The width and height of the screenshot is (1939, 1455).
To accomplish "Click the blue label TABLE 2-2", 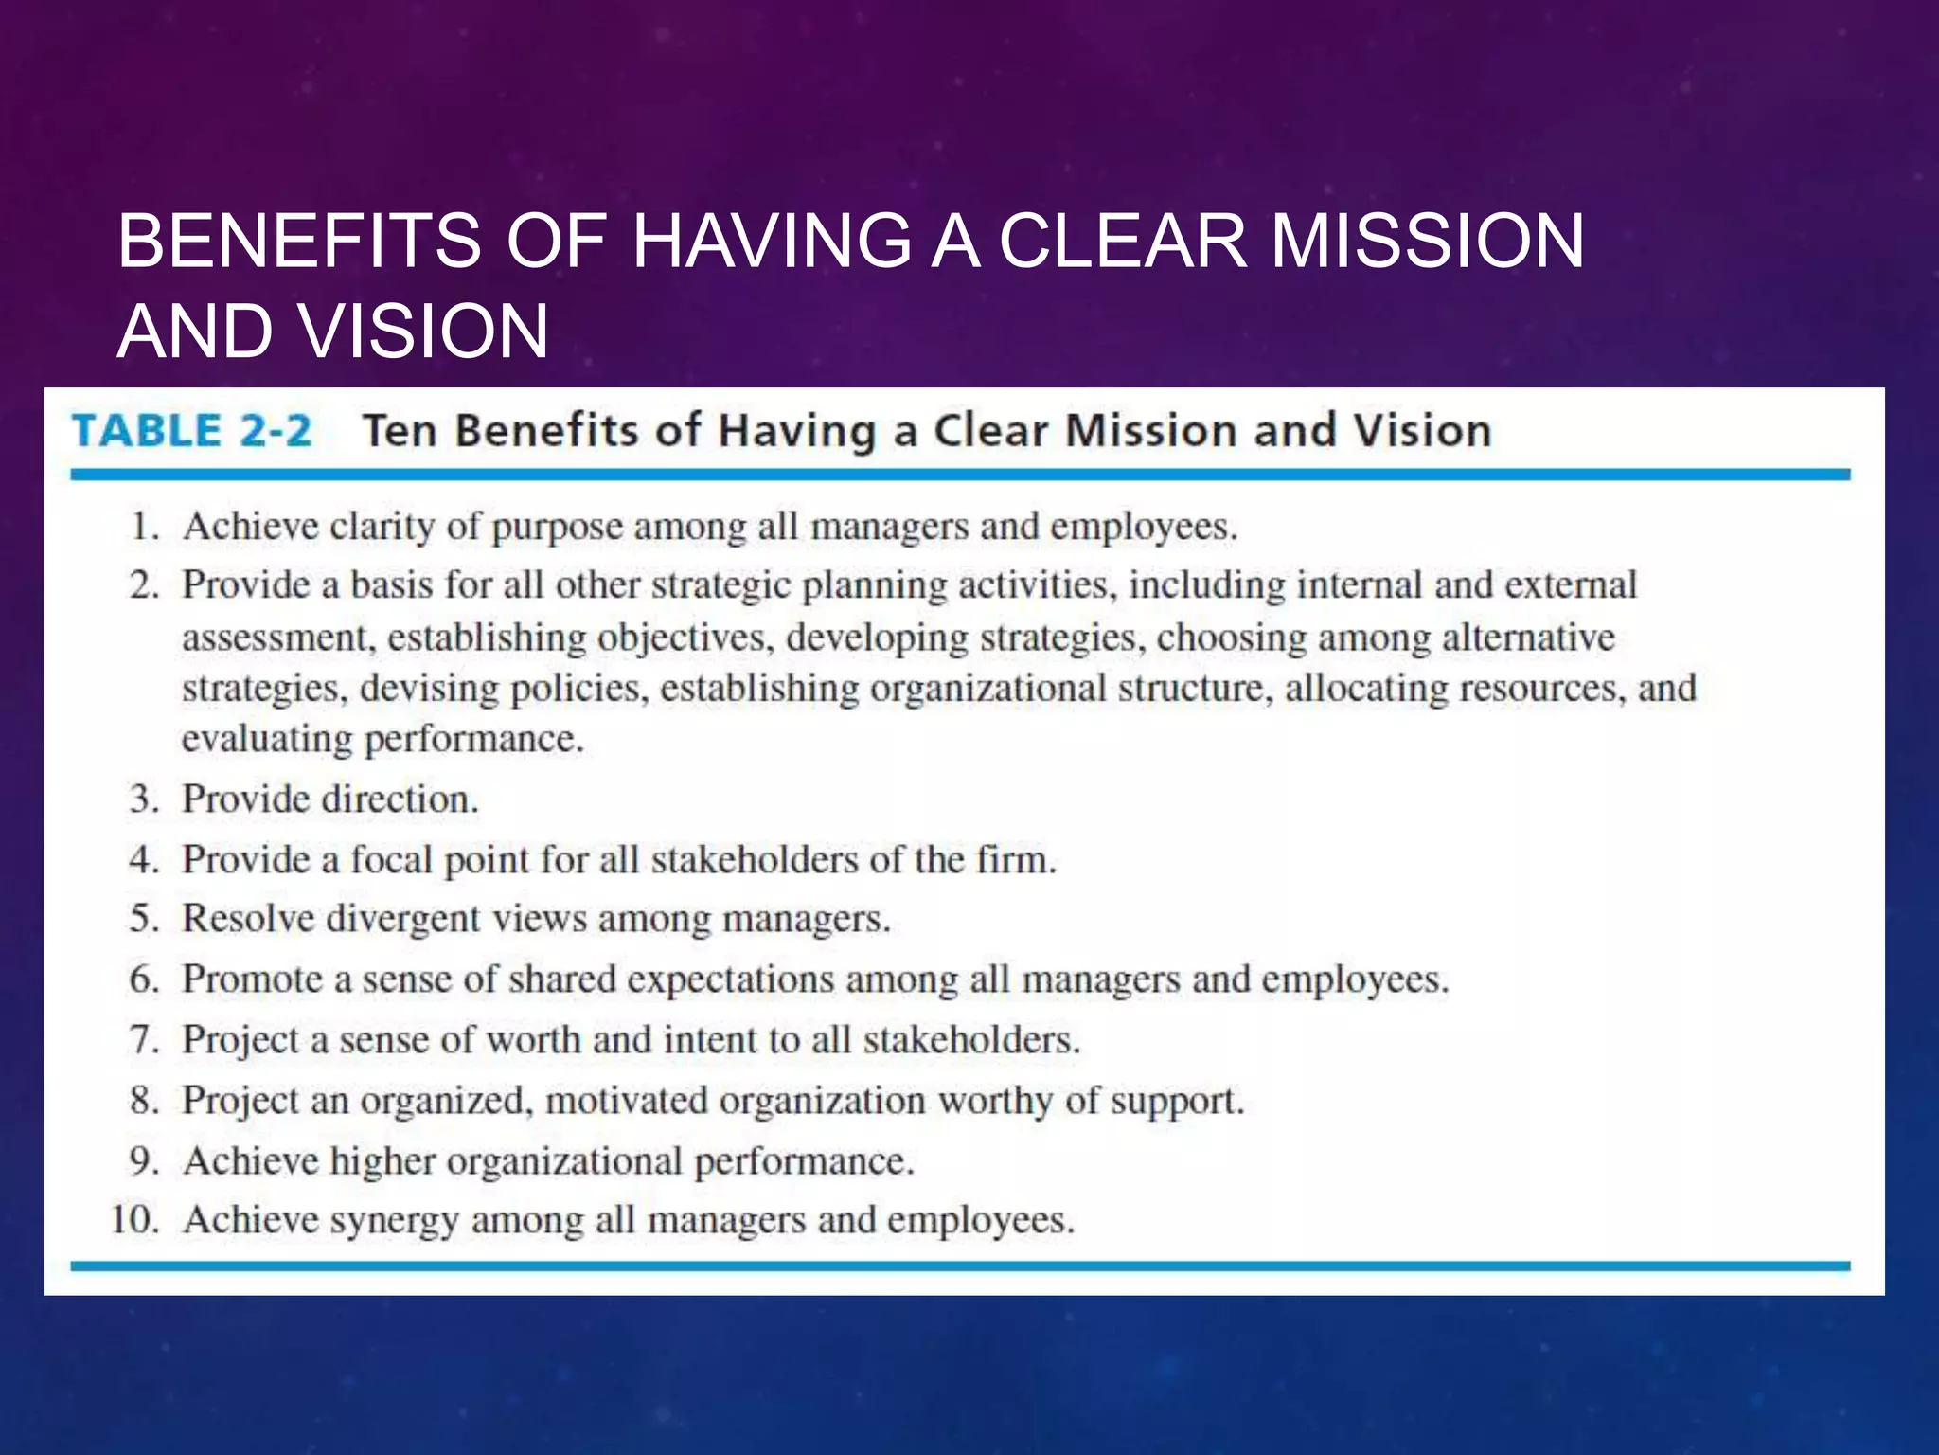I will click(191, 431).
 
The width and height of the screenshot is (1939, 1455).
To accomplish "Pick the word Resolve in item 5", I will click(248, 919).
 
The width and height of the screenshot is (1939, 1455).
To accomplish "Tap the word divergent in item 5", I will click(403, 919).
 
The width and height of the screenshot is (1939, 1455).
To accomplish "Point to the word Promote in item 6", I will click(253, 979).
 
